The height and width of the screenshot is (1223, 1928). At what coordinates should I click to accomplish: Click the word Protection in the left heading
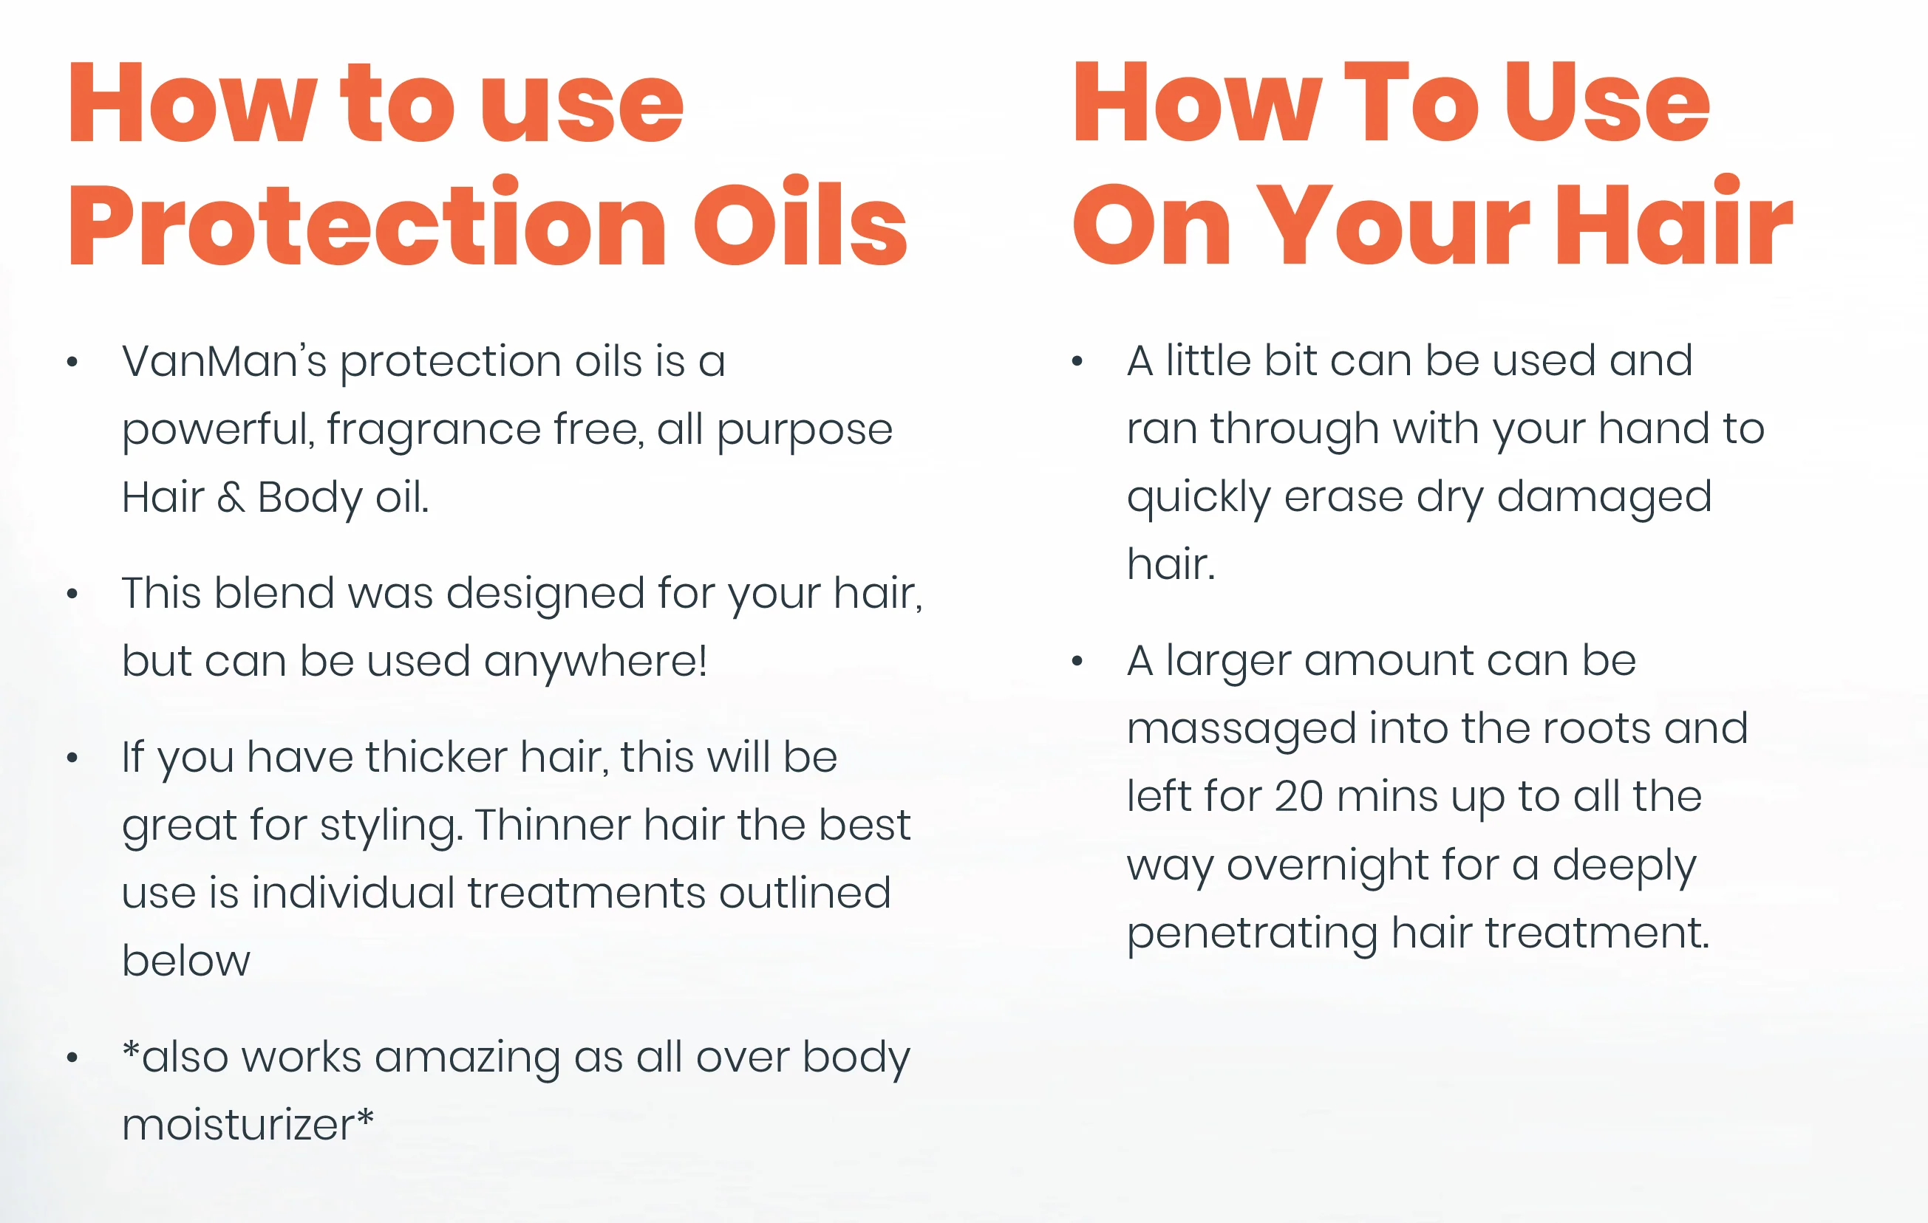[x=367, y=221]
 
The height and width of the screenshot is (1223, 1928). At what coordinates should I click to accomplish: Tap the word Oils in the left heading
[x=800, y=221]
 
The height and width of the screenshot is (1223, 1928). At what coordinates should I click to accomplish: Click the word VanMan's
[x=224, y=361]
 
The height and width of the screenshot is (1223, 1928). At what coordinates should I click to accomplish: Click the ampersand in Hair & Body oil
[x=231, y=498]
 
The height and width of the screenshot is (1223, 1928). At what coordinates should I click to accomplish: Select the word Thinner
[x=553, y=825]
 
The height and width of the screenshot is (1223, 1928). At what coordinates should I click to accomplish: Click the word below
[x=185, y=961]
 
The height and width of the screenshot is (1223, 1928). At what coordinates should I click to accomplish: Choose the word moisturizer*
[x=248, y=1125]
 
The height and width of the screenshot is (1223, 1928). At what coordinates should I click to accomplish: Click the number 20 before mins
[x=1298, y=797]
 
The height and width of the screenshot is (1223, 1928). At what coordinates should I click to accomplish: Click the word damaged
[x=1604, y=498]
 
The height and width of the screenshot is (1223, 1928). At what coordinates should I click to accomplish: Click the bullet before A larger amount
[x=1077, y=661]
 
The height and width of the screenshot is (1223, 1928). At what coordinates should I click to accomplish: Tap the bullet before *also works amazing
[x=72, y=1058]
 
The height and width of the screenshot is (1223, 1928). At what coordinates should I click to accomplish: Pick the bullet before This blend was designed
[x=72, y=594]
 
